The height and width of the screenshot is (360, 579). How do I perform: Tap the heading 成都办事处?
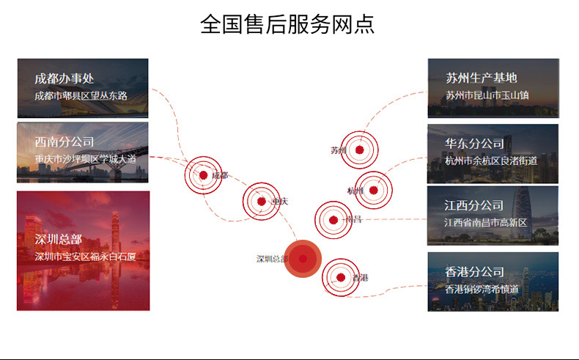pos(64,79)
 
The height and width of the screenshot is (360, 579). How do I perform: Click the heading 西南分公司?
pos(64,142)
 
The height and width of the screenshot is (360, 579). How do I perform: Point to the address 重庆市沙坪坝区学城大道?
pos(85,158)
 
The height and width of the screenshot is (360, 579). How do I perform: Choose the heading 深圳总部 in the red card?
pos(58,240)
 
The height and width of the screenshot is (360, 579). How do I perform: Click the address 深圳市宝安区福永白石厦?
pos(85,257)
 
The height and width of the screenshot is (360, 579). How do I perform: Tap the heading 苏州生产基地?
pos(482,78)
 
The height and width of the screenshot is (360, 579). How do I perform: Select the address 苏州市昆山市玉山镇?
pos(487,95)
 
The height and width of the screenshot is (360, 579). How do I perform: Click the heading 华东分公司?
pos(474,144)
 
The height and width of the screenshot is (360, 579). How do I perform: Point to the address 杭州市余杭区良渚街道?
pos(491,161)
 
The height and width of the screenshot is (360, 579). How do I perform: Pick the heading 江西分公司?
pos(474,205)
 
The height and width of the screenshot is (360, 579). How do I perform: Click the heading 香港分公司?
pos(474,272)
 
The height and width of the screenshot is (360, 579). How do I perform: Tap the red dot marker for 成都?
pos(203,175)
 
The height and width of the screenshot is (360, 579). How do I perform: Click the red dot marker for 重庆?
pos(261,201)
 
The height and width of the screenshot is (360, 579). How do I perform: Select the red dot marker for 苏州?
pos(359,150)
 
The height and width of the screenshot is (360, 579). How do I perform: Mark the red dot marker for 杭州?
pos(373,190)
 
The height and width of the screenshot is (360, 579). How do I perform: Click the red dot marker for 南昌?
pos(333,219)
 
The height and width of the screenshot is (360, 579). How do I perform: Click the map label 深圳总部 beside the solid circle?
pos(272,259)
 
